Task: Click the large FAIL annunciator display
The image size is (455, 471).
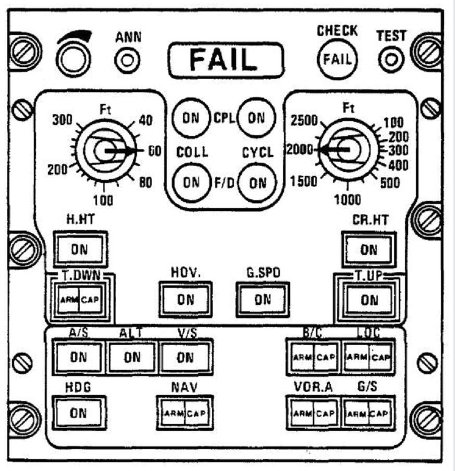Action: click(x=226, y=59)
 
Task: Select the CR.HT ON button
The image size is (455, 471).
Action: click(x=368, y=249)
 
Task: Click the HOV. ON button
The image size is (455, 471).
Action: click(x=185, y=300)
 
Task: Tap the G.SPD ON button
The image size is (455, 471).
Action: click(x=263, y=299)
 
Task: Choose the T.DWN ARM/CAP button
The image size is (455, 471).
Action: click(x=79, y=300)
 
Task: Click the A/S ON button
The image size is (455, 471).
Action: click(x=79, y=357)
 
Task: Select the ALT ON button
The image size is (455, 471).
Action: click(x=132, y=357)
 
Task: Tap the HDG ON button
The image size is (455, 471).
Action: click(x=79, y=413)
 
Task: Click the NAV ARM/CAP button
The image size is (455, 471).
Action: click(x=185, y=414)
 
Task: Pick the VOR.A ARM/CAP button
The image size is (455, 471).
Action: click(x=313, y=414)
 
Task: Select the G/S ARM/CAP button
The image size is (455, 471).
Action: click(x=368, y=414)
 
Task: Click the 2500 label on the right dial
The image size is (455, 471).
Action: click(x=303, y=120)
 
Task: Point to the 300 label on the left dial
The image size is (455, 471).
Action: click(x=62, y=120)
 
